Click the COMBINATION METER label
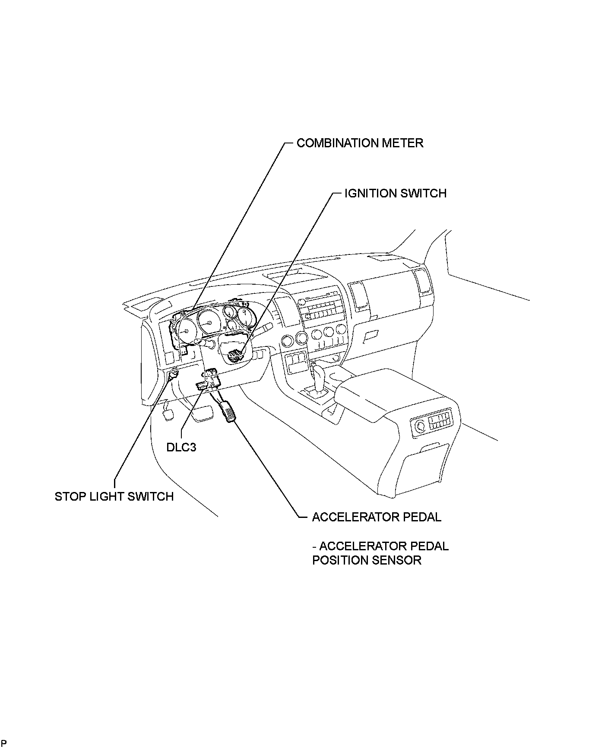[x=360, y=143]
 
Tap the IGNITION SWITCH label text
[x=395, y=193]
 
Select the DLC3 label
[x=181, y=447]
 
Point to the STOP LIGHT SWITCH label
[x=114, y=496]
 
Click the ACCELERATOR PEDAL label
[x=377, y=517]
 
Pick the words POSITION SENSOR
[x=367, y=560]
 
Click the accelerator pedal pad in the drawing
[x=228, y=412]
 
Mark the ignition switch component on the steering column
[x=234, y=355]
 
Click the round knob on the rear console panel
[x=420, y=426]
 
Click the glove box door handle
[x=370, y=335]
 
